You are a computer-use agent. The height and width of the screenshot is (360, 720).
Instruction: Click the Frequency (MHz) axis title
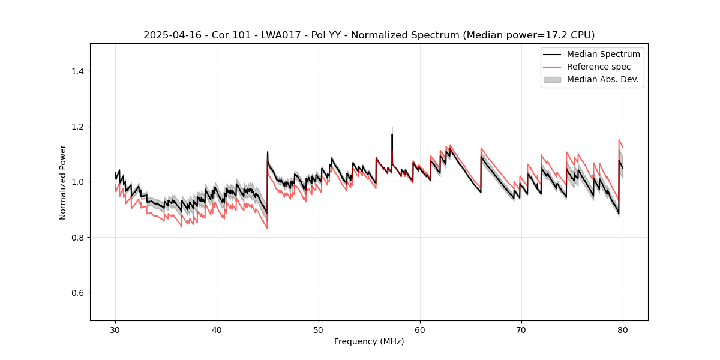(369, 341)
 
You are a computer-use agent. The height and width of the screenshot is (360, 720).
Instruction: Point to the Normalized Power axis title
(63, 182)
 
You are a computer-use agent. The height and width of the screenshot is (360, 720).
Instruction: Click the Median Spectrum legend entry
(603, 54)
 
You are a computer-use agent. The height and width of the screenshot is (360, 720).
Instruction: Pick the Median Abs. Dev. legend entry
(602, 79)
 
